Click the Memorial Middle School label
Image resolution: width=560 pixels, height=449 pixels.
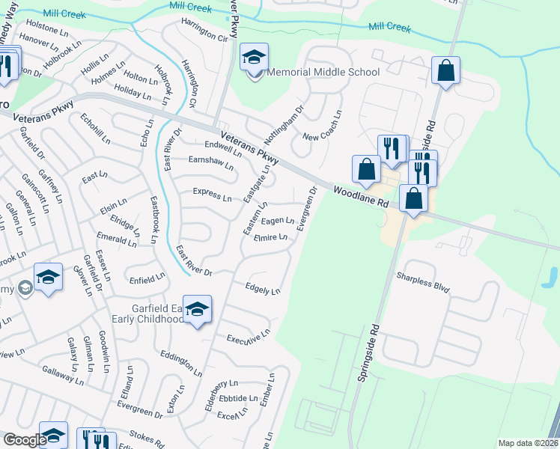point(323,73)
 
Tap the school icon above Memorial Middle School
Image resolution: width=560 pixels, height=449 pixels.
point(254,58)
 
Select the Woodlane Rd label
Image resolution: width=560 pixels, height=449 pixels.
point(361,197)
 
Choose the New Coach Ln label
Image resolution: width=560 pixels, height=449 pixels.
point(323,126)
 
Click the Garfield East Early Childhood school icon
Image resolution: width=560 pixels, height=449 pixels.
point(197,310)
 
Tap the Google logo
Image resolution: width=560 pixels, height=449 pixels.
point(25,440)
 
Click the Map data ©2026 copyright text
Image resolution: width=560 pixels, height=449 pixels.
point(528,443)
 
